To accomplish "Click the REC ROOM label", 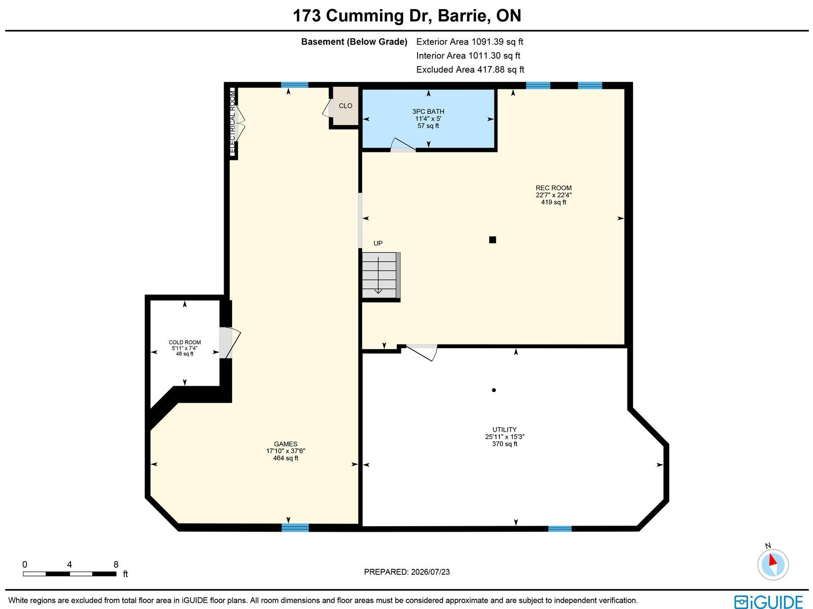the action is point(553,188).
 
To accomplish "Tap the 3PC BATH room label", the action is point(428,111).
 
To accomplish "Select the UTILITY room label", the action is point(505,430).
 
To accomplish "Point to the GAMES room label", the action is point(286,444).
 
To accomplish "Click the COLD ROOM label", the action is point(185,342).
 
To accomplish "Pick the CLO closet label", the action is point(346,106).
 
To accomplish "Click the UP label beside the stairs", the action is point(378,243).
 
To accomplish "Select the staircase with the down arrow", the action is point(381,275).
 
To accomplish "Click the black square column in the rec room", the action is point(492,239).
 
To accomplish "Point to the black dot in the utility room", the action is point(494,390).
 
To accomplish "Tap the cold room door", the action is point(230,343).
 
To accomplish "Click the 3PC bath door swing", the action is point(403,145).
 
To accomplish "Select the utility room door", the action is point(422,352).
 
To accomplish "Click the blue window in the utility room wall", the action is point(559,529).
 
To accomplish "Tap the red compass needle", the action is point(773,559).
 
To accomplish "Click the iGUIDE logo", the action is point(768,601).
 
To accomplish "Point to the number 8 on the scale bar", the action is point(116,564).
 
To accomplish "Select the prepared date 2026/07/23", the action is point(430,571).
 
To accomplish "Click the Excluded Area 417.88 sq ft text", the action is point(470,70).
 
